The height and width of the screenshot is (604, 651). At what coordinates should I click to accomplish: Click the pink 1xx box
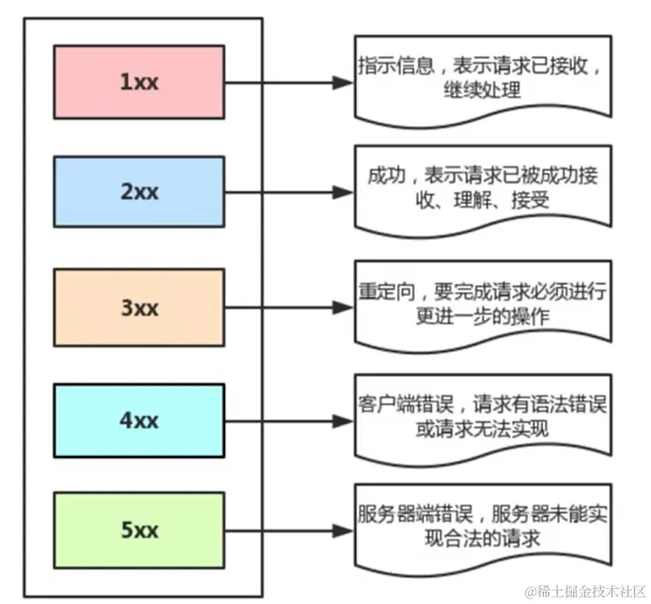(139, 81)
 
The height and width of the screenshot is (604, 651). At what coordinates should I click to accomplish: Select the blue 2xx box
(139, 193)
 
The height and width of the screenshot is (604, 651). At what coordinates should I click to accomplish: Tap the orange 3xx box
(139, 306)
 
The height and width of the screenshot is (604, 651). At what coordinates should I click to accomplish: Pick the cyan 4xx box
(139, 420)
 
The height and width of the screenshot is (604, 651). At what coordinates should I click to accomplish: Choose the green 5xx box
(139, 531)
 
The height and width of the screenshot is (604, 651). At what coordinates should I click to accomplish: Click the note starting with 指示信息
(482, 79)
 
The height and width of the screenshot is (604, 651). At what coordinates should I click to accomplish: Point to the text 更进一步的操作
(481, 316)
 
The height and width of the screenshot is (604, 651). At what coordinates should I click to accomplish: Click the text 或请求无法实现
(482, 430)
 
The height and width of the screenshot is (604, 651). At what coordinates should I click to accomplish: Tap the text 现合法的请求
(482, 540)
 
